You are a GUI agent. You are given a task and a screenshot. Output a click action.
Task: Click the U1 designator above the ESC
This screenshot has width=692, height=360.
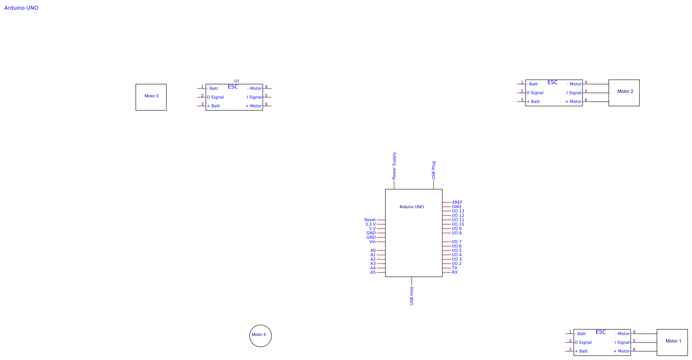tap(237, 81)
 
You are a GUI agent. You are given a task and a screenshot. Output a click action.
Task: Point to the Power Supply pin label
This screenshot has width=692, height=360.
tap(394, 166)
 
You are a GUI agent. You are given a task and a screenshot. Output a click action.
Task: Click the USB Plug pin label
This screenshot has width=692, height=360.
tap(434, 170)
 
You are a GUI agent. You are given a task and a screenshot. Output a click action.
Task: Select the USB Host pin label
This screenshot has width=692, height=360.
tap(412, 296)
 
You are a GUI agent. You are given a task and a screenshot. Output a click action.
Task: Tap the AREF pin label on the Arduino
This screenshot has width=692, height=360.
tap(457, 202)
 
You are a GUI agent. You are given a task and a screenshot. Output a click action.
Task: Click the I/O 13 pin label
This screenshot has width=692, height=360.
tap(458, 211)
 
